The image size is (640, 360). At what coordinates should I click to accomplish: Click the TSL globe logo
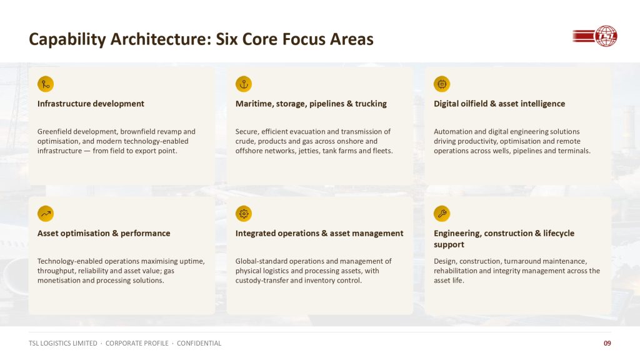pyautogui.click(x=595, y=36)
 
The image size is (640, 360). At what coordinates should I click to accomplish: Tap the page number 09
pyautogui.click(x=607, y=343)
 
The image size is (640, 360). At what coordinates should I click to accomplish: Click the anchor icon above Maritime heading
pyautogui.click(x=244, y=84)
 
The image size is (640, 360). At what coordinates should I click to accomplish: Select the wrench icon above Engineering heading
pyautogui.click(x=442, y=214)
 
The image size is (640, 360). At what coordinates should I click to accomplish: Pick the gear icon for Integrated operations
pyautogui.click(x=244, y=214)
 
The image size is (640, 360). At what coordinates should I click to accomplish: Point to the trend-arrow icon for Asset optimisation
pyautogui.click(x=46, y=214)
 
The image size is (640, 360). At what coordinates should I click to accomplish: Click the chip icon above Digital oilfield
pyautogui.click(x=442, y=84)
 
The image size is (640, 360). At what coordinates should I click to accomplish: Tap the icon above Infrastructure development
pyautogui.click(x=46, y=84)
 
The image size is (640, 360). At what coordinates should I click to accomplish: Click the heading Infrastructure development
pyautogui.click(x=91, y=104)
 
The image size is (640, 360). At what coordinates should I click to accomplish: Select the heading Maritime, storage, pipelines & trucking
pyautogui.click(x=311, y=104)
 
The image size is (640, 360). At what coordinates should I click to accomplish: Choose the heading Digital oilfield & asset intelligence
pyautogui.click(x=499, y=104)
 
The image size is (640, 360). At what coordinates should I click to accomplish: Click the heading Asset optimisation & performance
pyautogui.click(x=104, y=234)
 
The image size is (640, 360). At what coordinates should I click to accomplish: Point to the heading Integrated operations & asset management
pyautogui.click(x=319, y=234)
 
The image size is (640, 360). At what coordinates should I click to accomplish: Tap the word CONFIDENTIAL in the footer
pyautogui.click(x=199, y=343)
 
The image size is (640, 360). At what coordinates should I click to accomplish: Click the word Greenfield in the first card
pyautogui.click(x=54, y=131)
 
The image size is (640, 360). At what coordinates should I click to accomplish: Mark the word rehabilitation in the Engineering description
pyautogui.click(x=455, y=271)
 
